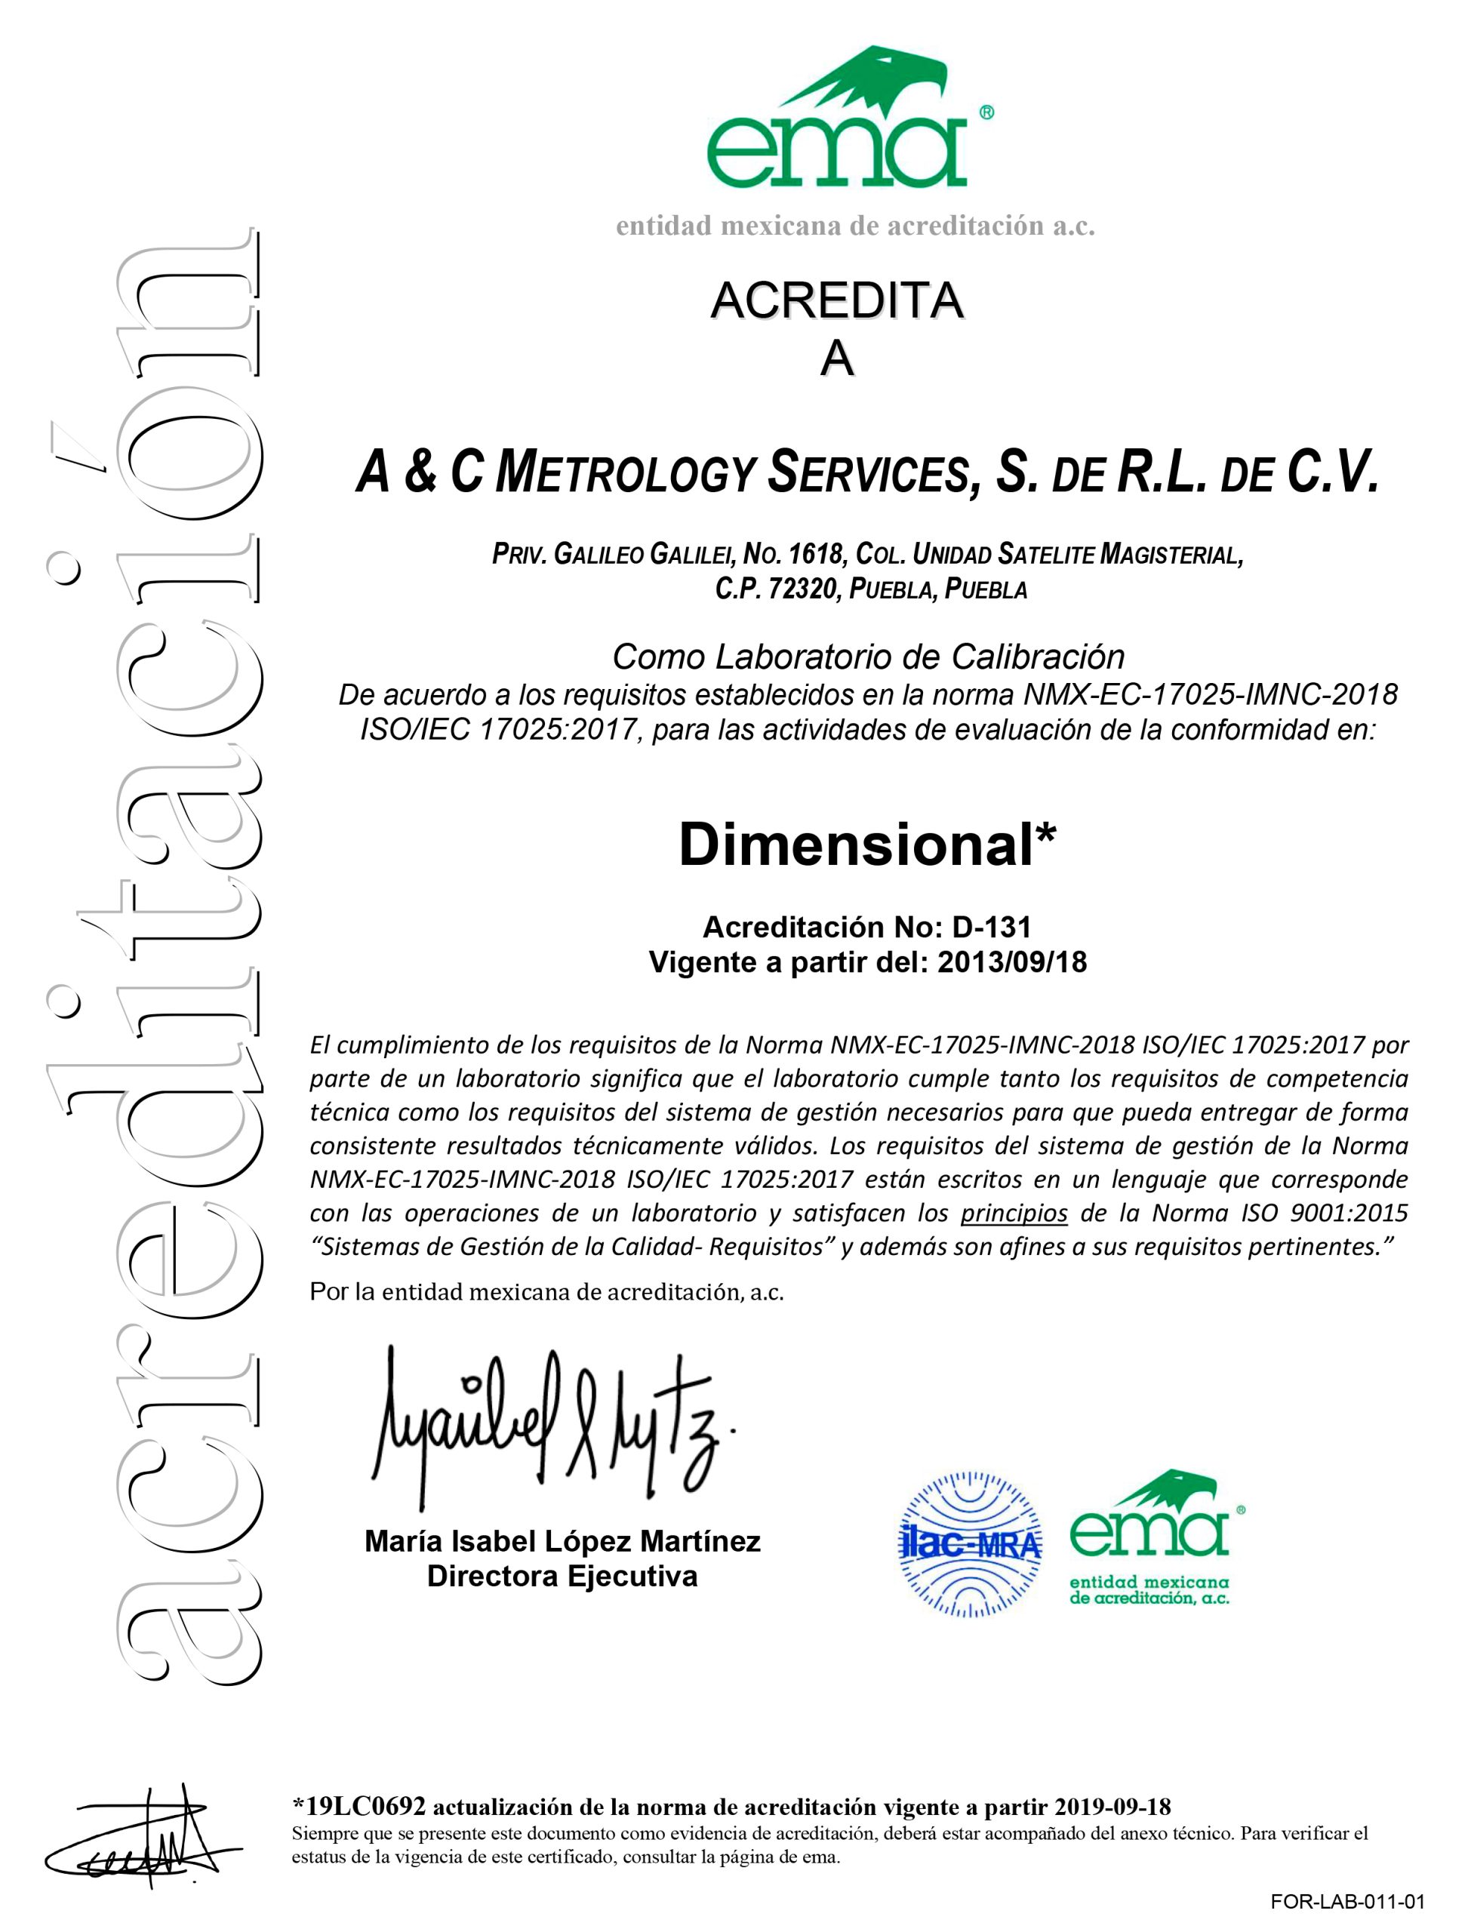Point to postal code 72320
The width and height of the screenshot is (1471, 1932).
(802, 589)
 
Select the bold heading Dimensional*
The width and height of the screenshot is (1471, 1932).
(867, 846)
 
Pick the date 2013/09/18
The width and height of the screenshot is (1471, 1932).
(1011, 962)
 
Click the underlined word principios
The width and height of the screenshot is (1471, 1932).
(1014, 1214)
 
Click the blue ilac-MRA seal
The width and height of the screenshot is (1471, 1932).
(971, 1544)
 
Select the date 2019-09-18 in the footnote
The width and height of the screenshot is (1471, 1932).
(1112, 1806)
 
